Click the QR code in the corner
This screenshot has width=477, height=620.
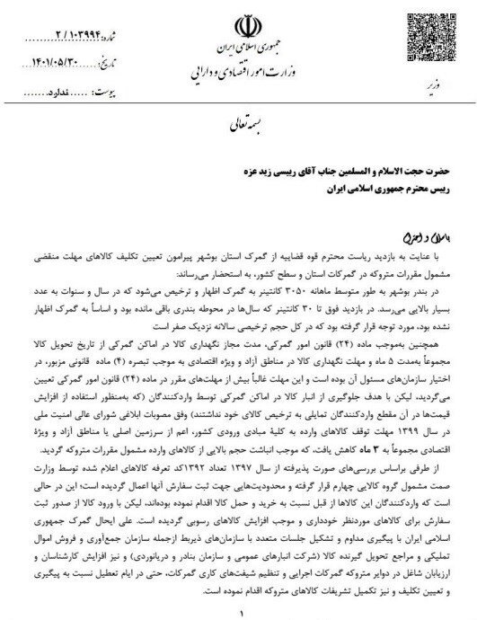[x=421, y=37]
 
